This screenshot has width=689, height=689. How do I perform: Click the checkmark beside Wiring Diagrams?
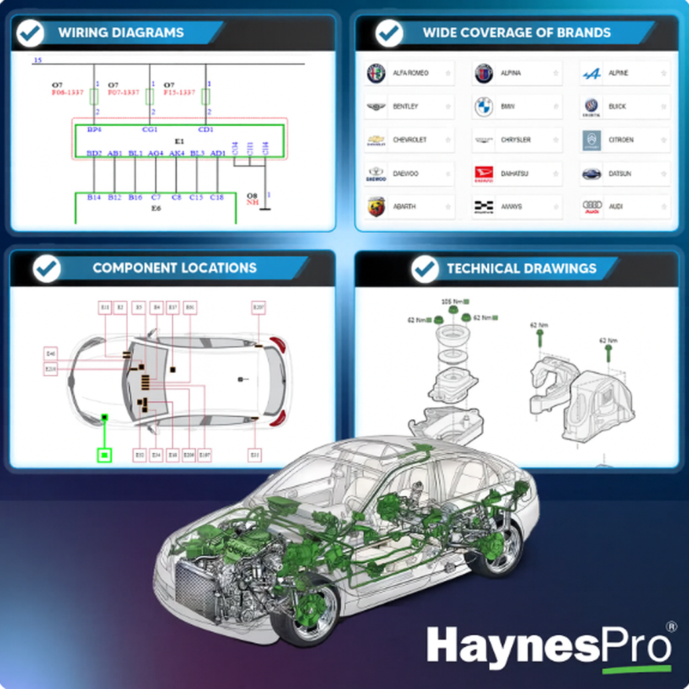tap(30, 33)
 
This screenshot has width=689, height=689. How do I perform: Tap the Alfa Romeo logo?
tap(376, 73)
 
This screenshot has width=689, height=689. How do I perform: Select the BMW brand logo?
tap(484, 106)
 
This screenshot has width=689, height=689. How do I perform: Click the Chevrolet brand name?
tap(410, 140)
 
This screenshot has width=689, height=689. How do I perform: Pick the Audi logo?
tap(591, 207)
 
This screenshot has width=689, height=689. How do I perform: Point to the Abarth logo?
tap(376, 207)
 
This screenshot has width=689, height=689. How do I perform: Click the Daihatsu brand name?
tap(515, 174)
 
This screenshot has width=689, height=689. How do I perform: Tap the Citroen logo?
tap(591, 140)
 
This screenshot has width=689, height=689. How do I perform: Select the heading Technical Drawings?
tap(521, 268)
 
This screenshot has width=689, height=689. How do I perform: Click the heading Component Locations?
tap(174, 268)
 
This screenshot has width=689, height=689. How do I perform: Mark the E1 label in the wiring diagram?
tap(179, 142)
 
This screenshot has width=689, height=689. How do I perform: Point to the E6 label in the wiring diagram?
tap(156, 209)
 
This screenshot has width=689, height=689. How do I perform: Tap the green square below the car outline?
tap(104, 456)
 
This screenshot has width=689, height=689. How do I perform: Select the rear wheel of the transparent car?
tap(497, 548)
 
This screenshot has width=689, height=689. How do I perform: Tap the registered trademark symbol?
tap(671, 626)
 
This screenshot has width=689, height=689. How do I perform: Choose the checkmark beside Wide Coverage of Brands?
tap(389, 33)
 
